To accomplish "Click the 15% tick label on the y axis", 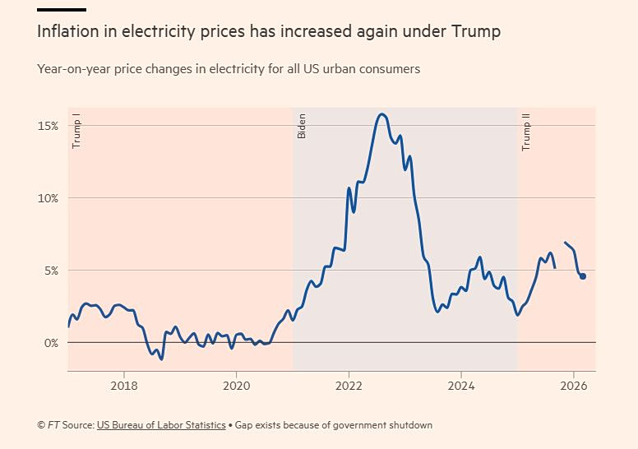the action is tap(48, 126).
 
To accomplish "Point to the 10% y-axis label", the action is tap(48, 199).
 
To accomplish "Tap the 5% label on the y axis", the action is tap(52, 271).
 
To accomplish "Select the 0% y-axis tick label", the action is tap(52, 343).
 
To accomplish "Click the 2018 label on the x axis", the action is tap(124, 386).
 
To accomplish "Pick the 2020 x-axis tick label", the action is tap(237, 386).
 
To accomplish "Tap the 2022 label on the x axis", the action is tap(349, 386).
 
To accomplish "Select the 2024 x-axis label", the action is tap(461, 386).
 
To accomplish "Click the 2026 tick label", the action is tap(574, 386).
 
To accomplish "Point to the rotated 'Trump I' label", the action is tap(76, 131).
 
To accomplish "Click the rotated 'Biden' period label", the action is tap(302, 126).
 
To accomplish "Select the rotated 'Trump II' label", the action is tap(526, 132).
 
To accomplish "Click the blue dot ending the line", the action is tap(583, 276).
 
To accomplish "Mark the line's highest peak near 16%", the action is tap(381, 114).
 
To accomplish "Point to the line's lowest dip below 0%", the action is tap(161, 359).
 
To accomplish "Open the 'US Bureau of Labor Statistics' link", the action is tap(161, 425).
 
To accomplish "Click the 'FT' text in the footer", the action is tap(53, 425).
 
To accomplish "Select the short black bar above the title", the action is tap(62, 9).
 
